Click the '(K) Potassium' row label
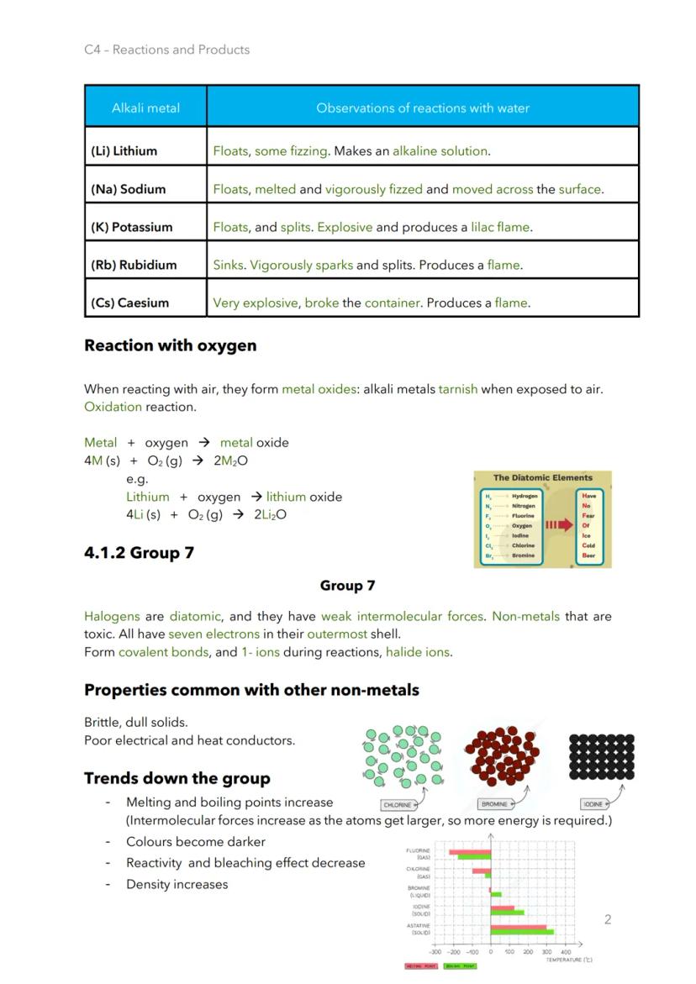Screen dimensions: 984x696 131,227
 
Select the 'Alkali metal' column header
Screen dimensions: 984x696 145,108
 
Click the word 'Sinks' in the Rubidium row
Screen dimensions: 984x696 228,265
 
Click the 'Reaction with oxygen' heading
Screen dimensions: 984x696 170,345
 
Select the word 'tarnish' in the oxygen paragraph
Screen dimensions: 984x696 457,389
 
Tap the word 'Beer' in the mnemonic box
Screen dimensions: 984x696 588,555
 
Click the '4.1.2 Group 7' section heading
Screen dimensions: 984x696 139,553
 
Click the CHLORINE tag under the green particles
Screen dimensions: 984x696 398,804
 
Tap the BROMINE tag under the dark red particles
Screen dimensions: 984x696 494,804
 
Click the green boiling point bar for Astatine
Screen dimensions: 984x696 521,932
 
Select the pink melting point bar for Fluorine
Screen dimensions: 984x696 470,851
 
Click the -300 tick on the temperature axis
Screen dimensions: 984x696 435,952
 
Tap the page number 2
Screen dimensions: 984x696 608,919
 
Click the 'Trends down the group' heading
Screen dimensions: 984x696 177,778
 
